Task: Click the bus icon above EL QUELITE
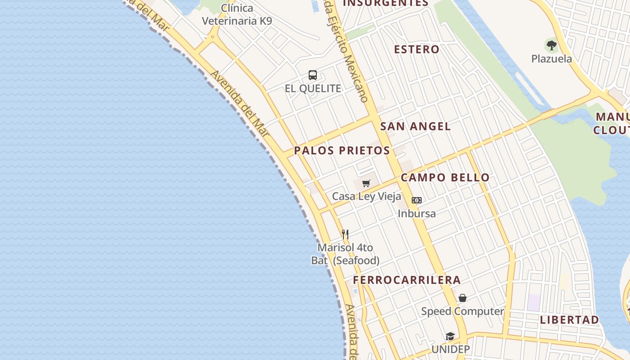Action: tap(313, 75)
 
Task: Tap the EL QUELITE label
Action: tap(313, 88)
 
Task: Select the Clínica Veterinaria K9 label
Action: tap(237, 14)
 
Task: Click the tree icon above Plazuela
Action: tap(551, 45)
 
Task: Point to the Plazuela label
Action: tap(551, 59)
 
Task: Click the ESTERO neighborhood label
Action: tap(417, 49)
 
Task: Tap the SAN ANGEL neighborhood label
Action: tap(415, 126)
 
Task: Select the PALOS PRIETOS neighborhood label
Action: tap(342, 151)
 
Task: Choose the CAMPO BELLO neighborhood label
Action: tap(445, 177)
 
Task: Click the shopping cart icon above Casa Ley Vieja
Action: tap(366, 183)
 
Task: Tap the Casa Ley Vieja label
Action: tap(366, 196)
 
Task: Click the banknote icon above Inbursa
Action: tap(417, 200)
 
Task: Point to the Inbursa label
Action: tap(417, 213)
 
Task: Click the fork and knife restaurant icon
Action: tap(345, 234)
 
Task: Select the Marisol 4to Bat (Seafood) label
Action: tap(345, 254)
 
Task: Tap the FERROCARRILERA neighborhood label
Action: tap(407, 280)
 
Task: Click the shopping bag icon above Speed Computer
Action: tap(463, 298)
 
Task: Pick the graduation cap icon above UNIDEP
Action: tap(450, 336)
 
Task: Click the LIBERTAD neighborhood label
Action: tap(569, 320)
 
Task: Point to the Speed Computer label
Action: tap(463, 311)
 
